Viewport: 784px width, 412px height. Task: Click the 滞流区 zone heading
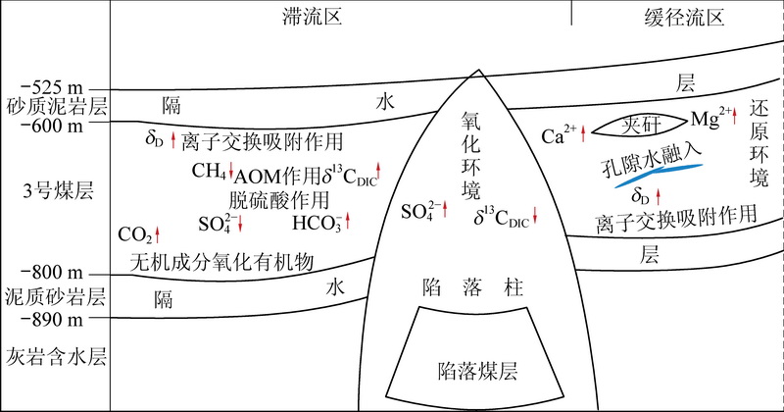[312, 17]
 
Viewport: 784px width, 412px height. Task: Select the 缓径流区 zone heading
[684, 18]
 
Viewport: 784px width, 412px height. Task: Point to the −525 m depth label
[52, 87]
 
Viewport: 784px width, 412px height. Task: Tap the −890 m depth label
[52, 319]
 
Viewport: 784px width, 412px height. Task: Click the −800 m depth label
[52, 273]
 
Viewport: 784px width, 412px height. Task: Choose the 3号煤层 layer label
[58, 190]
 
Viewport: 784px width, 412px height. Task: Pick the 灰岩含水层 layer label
[56, 357]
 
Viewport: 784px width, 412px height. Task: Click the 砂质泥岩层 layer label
[57, 107]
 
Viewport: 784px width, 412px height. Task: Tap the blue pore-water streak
[659, 174]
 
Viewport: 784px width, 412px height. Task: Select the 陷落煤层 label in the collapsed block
[477, 371]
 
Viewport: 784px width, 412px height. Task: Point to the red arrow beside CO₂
[158, 234]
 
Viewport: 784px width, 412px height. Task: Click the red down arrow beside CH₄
[231, 171]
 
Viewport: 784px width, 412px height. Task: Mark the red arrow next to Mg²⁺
[734, 116]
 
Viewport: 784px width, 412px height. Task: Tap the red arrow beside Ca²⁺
[583, 134]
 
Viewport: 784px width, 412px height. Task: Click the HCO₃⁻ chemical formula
[317, 223]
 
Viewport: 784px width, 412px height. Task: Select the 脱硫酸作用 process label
[279, 200]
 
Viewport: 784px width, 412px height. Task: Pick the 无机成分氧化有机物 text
[221, 262]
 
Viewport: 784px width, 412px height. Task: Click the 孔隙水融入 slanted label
[652, 159]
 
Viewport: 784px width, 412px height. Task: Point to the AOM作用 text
[276, 176]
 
